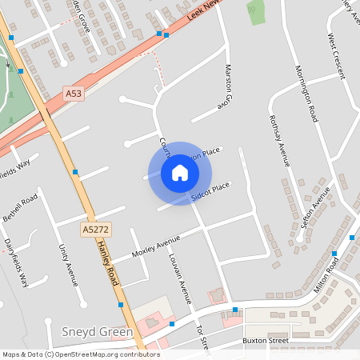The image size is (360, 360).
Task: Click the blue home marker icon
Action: [x=180, y=173]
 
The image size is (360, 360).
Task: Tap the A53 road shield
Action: [x=74, y=94]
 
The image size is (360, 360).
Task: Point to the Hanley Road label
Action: [x=106, y=265]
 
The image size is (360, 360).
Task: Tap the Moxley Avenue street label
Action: [x=157, y=247]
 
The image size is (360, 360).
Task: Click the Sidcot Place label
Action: [x=210, y=191]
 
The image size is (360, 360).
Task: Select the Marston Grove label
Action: [x=227, y=87]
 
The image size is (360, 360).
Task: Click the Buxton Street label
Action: [x=265, y=341]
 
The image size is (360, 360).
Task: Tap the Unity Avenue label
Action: [x=68, y=263]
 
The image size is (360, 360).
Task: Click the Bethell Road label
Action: [x=20, y=207]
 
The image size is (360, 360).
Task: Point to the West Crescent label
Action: [x=336, y=55]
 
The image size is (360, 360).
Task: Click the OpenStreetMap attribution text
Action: [x=80, y=354]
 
